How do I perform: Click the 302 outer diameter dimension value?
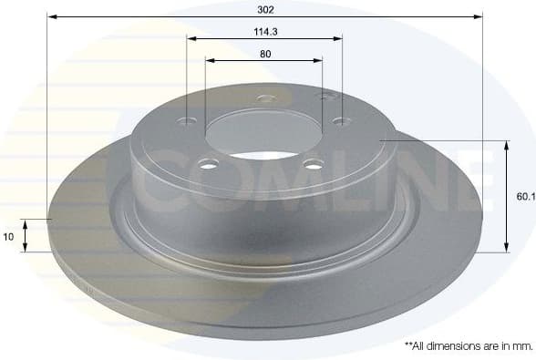pyautogui.click(x=265, y=8)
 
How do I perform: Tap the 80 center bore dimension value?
pyautogui.click(x=265, y=54)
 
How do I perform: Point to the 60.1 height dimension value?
pyautogui.click(x=523, y=196)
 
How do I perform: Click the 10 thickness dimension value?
pyautogui.click(x=8, y=236)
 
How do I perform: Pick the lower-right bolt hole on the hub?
pyautogui.click(x=314, y=164)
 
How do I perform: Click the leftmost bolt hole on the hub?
pyautogui.click(x=188, y=121)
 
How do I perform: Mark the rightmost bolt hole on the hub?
pyautogui.click(x=341, y=120)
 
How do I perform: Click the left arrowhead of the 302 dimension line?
pyautogui.click(x=51, y=16)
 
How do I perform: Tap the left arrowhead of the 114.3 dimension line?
pyautogui.click(x=191, y=38)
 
